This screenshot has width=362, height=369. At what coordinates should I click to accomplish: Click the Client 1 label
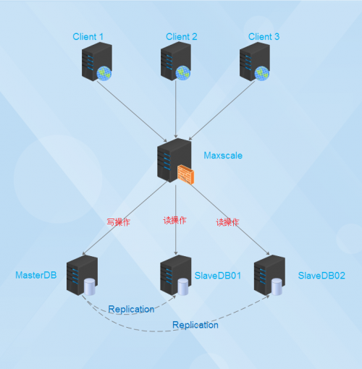[x=88, y=37]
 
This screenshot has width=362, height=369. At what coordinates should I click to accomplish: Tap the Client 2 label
[x=182, y=37]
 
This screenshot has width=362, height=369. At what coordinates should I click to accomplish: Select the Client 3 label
[x=264, y=37]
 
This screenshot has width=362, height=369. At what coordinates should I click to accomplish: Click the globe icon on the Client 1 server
[x=104, y=73]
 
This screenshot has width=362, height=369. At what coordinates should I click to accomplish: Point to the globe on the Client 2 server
[x=182, y=73]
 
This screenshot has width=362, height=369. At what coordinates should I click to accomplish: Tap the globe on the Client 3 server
[x=261, y=73]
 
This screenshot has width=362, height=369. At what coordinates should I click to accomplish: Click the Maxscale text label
[x=223, y=156]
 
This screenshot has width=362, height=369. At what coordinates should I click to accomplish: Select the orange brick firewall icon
[x=186, y=174]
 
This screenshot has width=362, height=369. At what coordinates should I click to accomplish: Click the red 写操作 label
[x=118, y=222]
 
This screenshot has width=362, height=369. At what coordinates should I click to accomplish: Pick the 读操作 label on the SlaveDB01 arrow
[x=174, y=221]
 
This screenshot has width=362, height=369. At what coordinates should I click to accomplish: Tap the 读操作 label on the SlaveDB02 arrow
[x=227, y=222]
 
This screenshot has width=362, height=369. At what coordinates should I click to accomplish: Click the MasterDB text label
[x=36, y=275]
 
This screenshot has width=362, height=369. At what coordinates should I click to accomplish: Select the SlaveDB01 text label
[x=218, y=276]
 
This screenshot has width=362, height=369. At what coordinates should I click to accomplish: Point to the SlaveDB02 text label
[x=321, y=276]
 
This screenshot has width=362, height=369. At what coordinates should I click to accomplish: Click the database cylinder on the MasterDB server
[x=90, y=287]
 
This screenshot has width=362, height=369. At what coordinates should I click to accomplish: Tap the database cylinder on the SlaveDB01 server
[x=183, y=287]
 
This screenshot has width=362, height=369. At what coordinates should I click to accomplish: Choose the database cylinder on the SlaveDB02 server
[x=277, y=287]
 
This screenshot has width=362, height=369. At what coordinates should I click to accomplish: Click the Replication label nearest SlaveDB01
[x=131, y=309]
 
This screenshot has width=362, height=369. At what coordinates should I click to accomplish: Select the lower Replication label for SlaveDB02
[x=195, y=325]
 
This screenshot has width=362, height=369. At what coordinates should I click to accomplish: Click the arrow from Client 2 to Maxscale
[x=176, y=109]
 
